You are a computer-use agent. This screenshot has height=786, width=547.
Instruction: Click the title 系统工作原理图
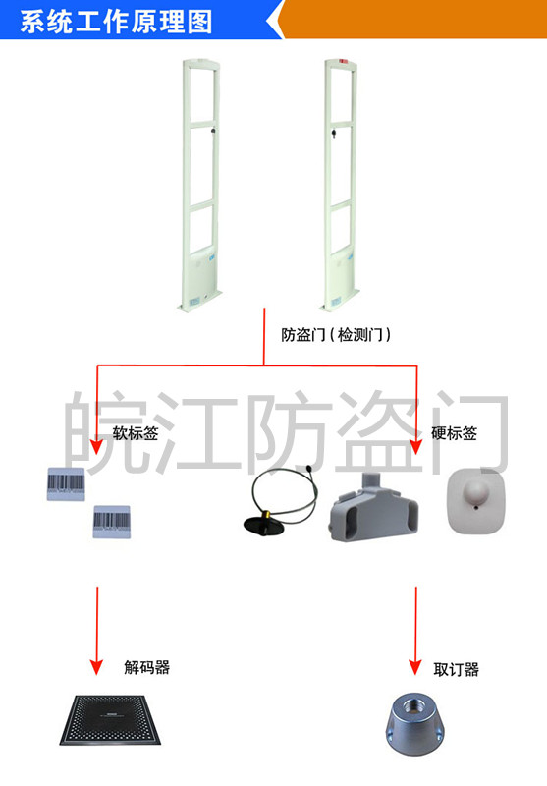tap(116, 22)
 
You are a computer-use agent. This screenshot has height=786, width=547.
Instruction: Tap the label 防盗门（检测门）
tap(336, 334)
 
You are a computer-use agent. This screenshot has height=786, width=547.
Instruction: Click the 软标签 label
tap(136, 433)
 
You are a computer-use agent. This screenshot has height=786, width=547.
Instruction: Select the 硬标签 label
tap(455, 433)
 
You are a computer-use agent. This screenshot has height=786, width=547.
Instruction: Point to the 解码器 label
tap(146, 667)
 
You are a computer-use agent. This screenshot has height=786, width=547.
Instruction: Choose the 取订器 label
tap(456, 669)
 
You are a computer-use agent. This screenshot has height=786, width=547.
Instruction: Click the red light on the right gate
tap(343, 62)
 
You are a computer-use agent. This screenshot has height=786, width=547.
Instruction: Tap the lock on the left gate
tap(214, 131)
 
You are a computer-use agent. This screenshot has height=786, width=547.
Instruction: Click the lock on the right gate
tap(333, 134)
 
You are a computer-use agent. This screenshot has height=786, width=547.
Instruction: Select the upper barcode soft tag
tap(66, 484)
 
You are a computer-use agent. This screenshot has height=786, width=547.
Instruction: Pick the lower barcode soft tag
tap(112, 522)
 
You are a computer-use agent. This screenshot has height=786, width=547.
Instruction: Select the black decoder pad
tap(111, 720)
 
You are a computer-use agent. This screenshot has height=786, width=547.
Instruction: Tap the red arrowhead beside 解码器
tap(96, 667)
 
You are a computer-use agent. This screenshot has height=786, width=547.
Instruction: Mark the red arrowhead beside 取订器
tap(415, 667)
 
